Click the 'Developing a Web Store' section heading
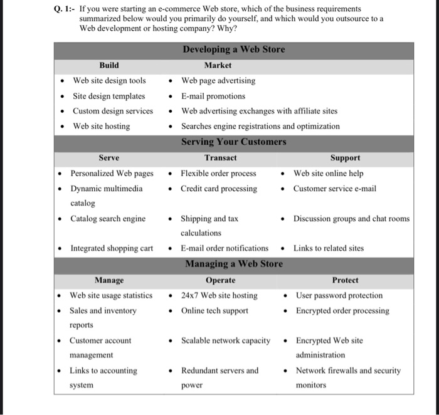tap(233, 50)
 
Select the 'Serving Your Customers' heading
tap(233, 142)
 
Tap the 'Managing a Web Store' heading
tap(233, 264)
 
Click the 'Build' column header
tap(108, 65)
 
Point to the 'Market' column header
tap(218, 65)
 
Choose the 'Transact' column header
tap(220, 158)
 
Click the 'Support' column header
tap(345, 158)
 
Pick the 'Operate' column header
tap(220, 280)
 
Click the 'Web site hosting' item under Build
tap(101, 126)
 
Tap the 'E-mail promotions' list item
tap(213, 96)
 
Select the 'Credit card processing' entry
tap(219, 189)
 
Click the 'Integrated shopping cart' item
tap(112, 248)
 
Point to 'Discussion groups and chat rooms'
tap(351, 219)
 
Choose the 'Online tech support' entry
tap(214, 311)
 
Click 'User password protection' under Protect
tap(339, 295)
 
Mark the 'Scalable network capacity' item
tap(226, 341)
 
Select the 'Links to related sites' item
tap(329, 248)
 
